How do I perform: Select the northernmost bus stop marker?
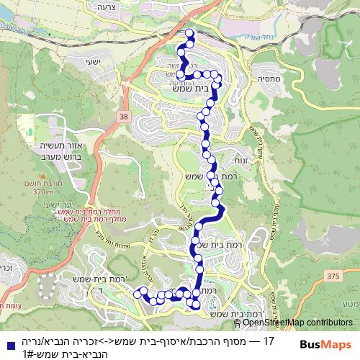pyautogui.click(x=190, y=33)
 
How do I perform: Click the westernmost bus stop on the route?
pyautogui.click(x=137, y=291)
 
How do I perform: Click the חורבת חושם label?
pyautogui.click(x=44, y=184)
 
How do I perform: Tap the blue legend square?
pyautogui.click(x=6, y=341)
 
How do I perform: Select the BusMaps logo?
pyautogui.click(x=325, y=344)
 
